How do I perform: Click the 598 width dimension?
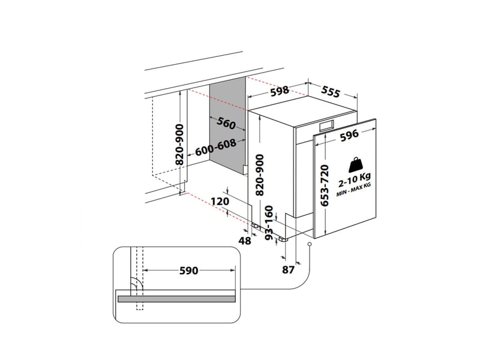[280, 91]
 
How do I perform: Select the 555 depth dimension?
[331, 92]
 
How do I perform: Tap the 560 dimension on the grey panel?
[226, 123]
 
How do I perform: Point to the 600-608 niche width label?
[216, 147]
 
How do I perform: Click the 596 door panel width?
[349, 136]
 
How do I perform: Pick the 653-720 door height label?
[325, 185]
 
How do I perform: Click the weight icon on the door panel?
[356, 165]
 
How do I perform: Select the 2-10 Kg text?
[355, 181]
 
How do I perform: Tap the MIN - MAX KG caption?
[353, 190]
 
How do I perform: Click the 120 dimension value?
[220, 202]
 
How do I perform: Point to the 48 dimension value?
[245, 241]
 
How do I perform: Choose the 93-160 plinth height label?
[268, 223]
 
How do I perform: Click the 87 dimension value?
[288, 269]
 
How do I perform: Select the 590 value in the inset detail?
[189, 271]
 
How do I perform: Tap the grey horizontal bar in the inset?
[175, 299]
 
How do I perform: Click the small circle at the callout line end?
[310, 244]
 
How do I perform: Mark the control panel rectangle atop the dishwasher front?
[326, 125]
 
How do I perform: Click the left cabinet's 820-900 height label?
[181, 145]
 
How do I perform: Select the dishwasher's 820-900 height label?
[260, 175]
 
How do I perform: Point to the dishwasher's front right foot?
[283, 239]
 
